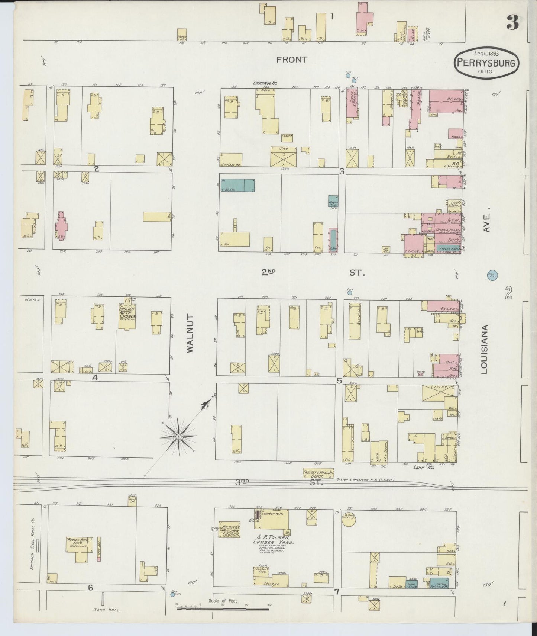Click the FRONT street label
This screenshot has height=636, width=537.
click(x=292, y=60)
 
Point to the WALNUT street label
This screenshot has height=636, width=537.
click(x=190, y=333)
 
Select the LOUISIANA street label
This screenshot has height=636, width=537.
click(x=484, y=349)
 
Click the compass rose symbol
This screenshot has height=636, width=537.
click(x=179, y=436)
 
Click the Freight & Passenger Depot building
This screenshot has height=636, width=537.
click(x=318, y=473)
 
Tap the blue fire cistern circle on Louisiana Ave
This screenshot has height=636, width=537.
click(x=492, y=276)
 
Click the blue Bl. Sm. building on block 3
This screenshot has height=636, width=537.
click(x=238, y=185)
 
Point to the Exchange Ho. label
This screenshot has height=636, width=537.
click(x=265, y=83)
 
